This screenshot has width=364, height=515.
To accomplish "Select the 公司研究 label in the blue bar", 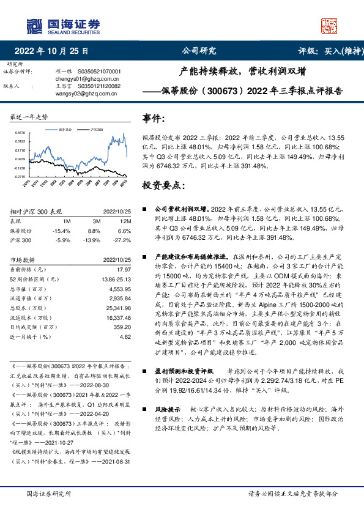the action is [x=199, y=51].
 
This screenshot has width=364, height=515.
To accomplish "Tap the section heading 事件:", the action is [x=154, y=119].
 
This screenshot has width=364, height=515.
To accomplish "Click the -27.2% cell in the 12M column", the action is [x=123, y=241].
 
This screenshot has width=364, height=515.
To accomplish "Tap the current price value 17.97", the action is [x=124, y=269].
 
